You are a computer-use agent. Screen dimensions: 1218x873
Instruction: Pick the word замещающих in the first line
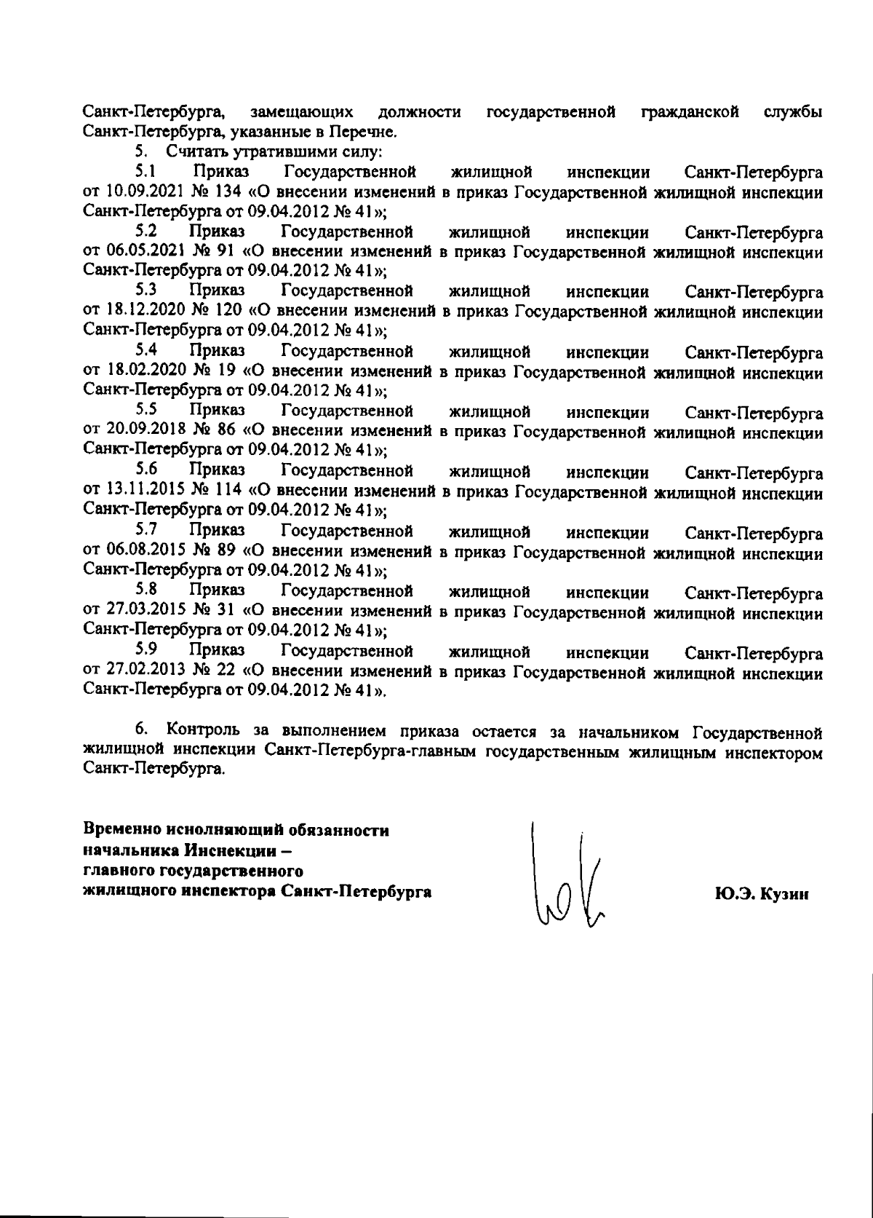[x=301, y=113]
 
